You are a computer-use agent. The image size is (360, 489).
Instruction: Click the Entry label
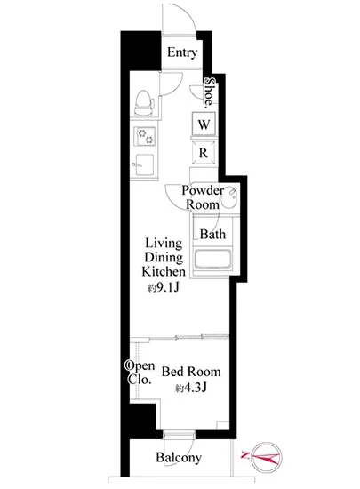pyautogui.click(x=182, y=52)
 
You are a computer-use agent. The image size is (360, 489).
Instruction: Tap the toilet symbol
pyautogui.click(x=144, y=103)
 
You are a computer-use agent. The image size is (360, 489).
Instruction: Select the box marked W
pyautogui.click(x=204, y=124)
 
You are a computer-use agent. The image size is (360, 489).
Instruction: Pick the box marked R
pyautogui.click(x=204, y=153)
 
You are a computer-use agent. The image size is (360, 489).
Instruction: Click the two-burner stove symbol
pyautogui.click(x=144, y=136)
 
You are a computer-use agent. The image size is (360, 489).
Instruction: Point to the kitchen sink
pyautogui.click(x=144, y=164)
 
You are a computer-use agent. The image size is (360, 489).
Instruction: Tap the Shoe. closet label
pyautogui.click(x=210, y=92)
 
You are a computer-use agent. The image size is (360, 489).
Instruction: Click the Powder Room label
pyautogui.click(x=203, y=197)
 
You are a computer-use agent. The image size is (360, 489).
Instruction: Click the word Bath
pyautogui.click(x=212, y=234)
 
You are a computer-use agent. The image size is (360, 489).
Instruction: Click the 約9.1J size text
pyautogui.click(x=164, y=287)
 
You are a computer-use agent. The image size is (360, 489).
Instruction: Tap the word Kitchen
pyautogui.click(x=164, y=271)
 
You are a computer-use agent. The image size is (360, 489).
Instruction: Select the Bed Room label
pyautogui.click(x=191, y=372)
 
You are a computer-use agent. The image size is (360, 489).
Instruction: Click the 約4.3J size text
pyautogui.click(x=191, y=388)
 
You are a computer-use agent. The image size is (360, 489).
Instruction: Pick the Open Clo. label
pyautogui.click(x=140, y=373)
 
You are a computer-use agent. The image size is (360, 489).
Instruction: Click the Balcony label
pyautogui.click(x=179, y=458)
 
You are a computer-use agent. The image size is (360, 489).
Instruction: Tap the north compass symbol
pyautogui.click(x=267, y=458)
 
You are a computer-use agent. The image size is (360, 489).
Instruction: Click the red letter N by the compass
pyautogui.click(x=244, y=455)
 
